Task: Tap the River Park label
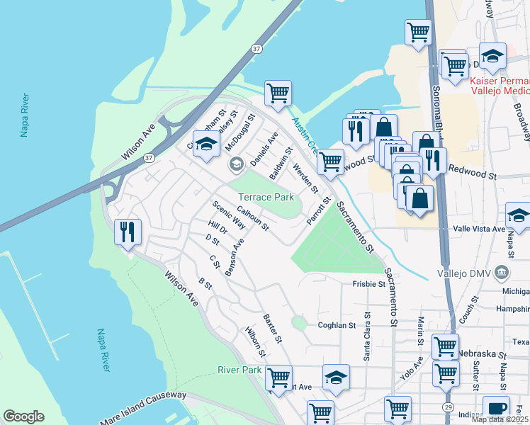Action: point(239,370)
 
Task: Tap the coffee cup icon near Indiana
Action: point(496,408)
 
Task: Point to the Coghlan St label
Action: point(336,325)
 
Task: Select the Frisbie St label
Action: point(368,284)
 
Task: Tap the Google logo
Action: point(23,416)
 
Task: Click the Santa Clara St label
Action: point(367,337)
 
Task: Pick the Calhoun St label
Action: point(254,218)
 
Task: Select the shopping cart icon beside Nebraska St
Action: point(445,346)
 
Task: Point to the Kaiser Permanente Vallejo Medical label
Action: point(500,86)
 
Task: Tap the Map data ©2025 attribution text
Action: point(500,419)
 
